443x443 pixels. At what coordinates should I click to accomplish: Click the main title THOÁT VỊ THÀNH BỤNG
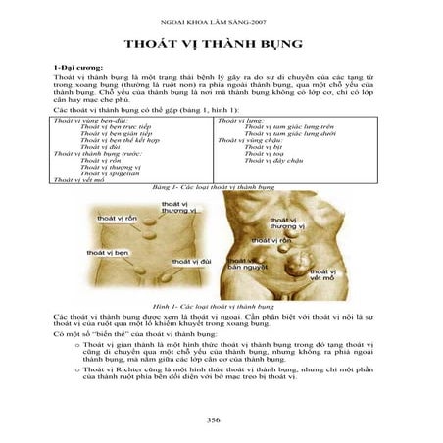coord(221,46)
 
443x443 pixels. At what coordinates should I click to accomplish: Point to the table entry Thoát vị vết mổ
coord(79,180)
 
